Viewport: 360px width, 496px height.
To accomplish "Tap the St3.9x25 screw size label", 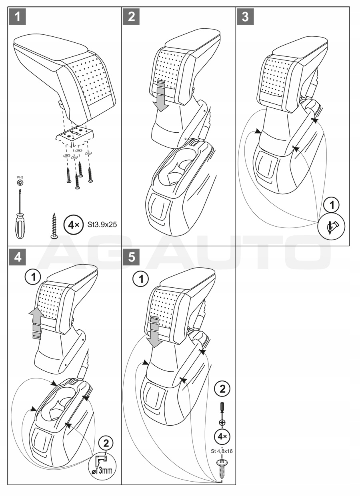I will pos(102,225).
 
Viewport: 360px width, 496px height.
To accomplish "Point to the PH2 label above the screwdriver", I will pos(20,176).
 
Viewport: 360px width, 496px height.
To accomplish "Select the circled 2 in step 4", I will pos(106,443).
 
